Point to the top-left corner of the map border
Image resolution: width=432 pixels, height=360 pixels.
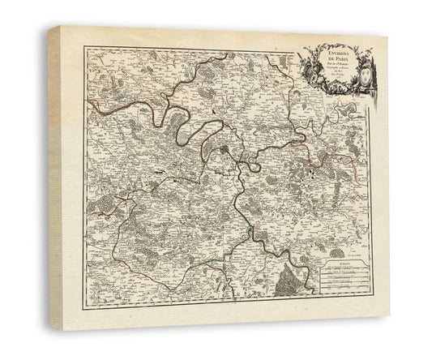click(85, 48)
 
